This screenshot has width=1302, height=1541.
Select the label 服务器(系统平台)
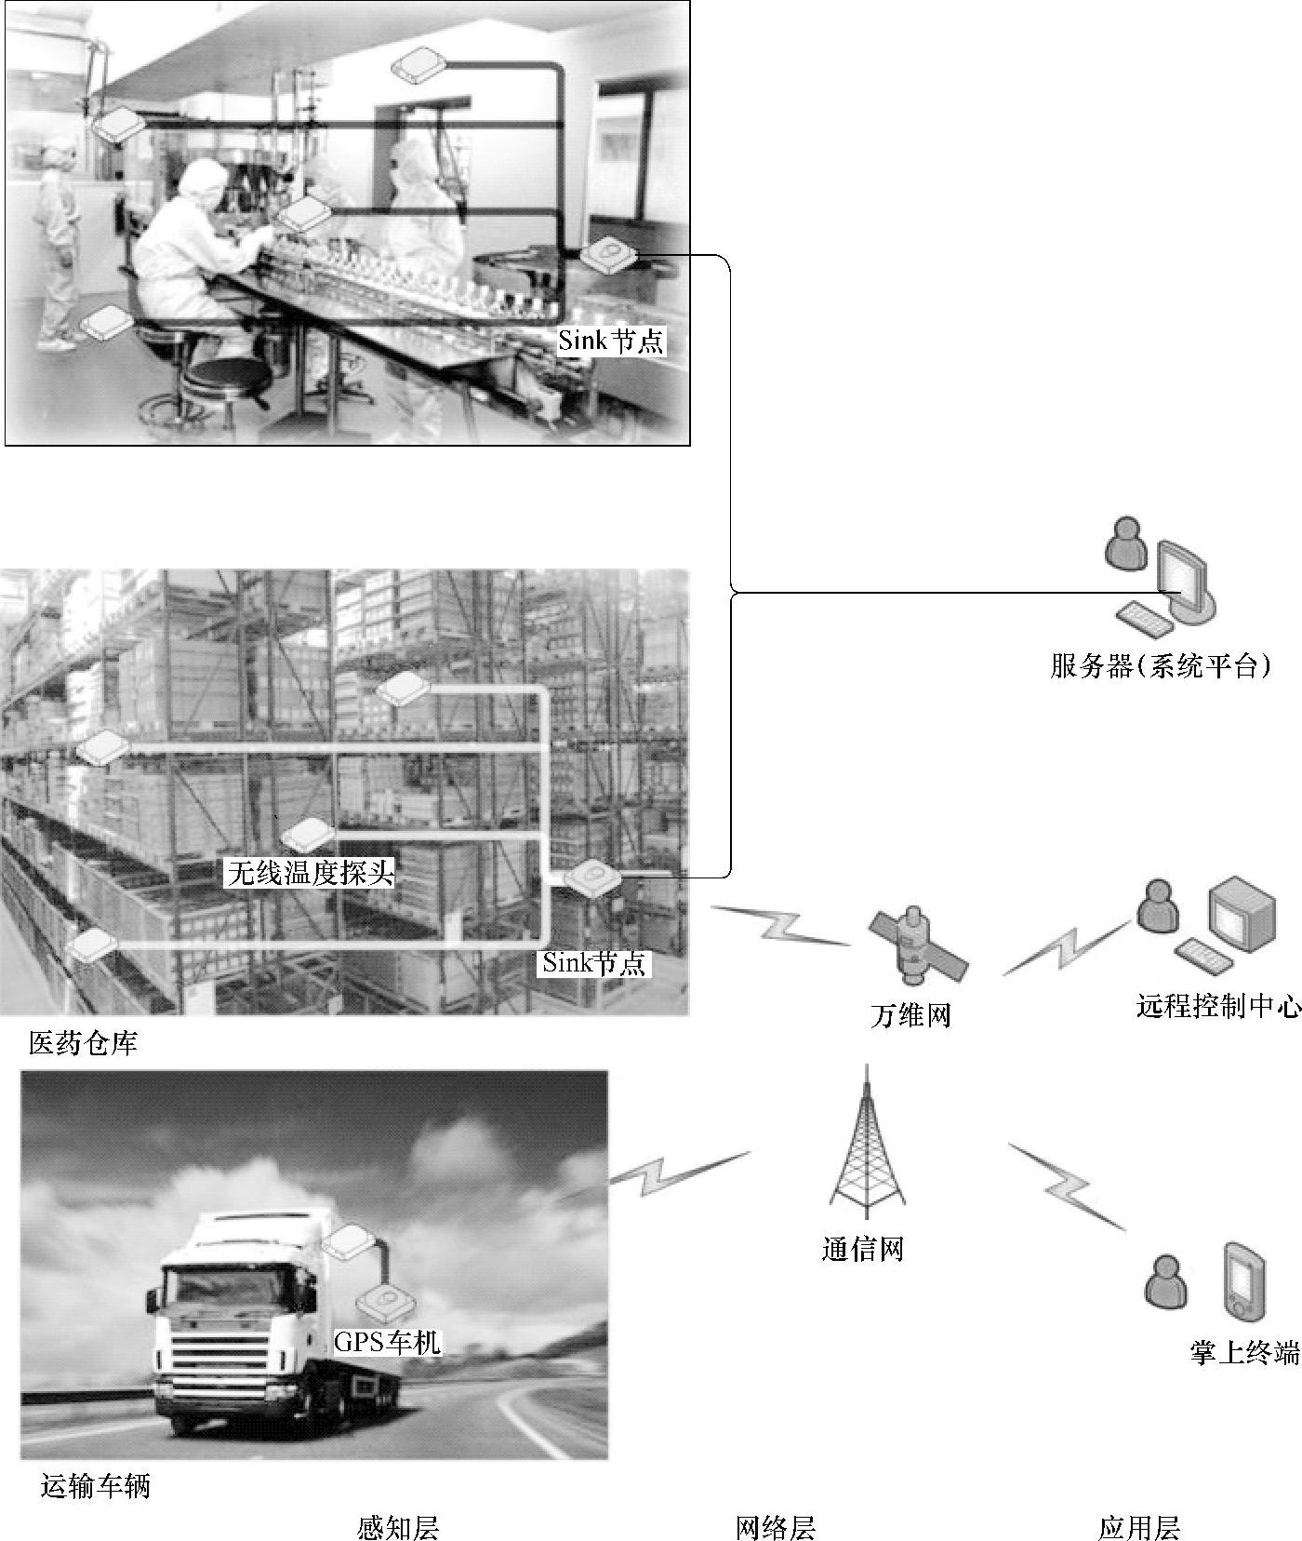point(1161,666)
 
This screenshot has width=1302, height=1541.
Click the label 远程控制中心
point(1218,1006)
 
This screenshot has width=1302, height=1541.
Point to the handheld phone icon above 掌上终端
point(1243,1280)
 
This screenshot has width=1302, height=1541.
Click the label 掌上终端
point(1244,1352)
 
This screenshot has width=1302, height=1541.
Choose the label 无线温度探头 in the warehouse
point(311,872)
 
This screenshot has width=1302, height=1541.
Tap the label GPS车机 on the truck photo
point(387,1341)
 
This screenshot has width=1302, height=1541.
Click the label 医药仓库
point(84,1043)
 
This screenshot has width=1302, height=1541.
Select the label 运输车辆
point(96,1487)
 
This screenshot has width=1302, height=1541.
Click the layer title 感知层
point(398,1527)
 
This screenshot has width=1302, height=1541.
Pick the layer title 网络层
point(776,1527)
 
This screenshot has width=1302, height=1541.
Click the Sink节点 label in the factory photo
point(611,340)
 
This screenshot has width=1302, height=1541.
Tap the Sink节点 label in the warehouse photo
point(594,962)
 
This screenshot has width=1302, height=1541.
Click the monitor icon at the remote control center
point(1242,909)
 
